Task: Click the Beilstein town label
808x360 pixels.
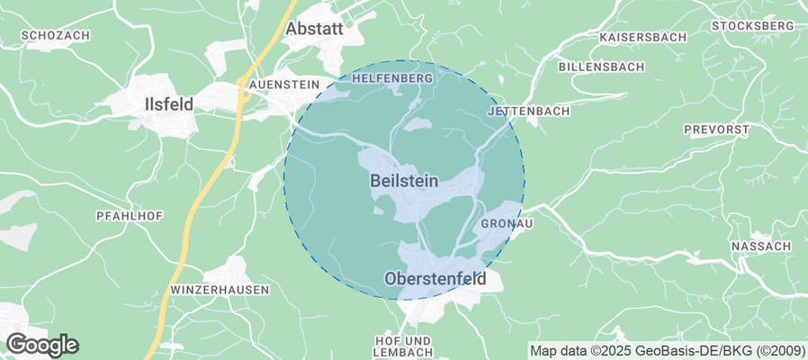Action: coord(404,181)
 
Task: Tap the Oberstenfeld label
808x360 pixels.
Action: coord(435,279)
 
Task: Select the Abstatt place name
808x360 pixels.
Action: coord(314,29)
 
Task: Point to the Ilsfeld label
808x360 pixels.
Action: coord(168,104)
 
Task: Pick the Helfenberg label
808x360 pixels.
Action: coord(393,78)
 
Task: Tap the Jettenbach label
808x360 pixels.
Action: coord(529,112)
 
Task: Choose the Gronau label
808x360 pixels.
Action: coord(502,223)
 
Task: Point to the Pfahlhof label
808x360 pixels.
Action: coord(122,216)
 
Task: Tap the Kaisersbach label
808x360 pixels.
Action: coord(642,38)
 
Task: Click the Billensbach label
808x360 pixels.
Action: coord(600,67)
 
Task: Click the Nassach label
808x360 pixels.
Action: coord(761,246)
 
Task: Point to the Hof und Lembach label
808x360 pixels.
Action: coord(403,346)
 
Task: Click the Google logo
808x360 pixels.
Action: coord(42,344)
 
